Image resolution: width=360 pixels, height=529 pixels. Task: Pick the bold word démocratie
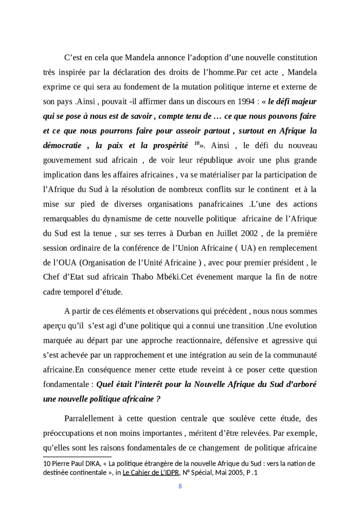point(64,146)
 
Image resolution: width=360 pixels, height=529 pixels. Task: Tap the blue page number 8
point(180,486)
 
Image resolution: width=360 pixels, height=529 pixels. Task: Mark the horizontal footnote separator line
point(77,456)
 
